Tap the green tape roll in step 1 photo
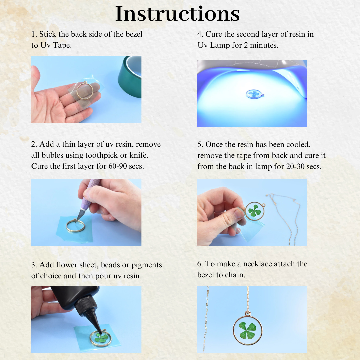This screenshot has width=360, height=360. [x=130, y=77]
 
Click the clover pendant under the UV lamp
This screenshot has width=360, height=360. [x=255, y=94]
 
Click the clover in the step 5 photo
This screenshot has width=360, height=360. [x=254, y=210]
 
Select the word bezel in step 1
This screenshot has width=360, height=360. [x=134, y=34]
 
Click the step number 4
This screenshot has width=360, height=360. [x=200, y=34]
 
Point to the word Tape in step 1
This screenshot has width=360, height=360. [x=62, y=45]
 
